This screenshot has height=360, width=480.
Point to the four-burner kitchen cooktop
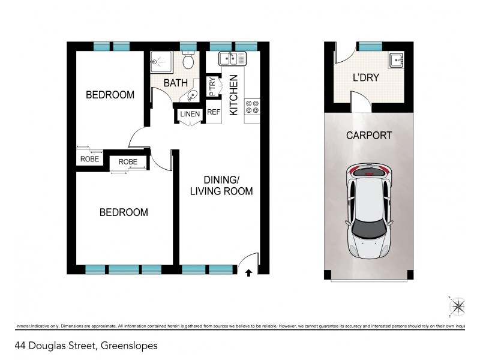253,107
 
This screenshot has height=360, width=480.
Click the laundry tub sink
396,60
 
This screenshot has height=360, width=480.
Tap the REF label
214,112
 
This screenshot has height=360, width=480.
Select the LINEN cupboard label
189,114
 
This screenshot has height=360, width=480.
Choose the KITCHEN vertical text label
233,94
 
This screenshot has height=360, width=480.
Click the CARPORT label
368,136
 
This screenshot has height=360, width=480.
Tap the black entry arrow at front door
249,274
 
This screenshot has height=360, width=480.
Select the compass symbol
458,307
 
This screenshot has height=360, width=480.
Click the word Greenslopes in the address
129,346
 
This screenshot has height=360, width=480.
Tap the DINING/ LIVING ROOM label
221,185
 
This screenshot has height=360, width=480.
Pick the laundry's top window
370,46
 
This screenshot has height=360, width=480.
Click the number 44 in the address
22,346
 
